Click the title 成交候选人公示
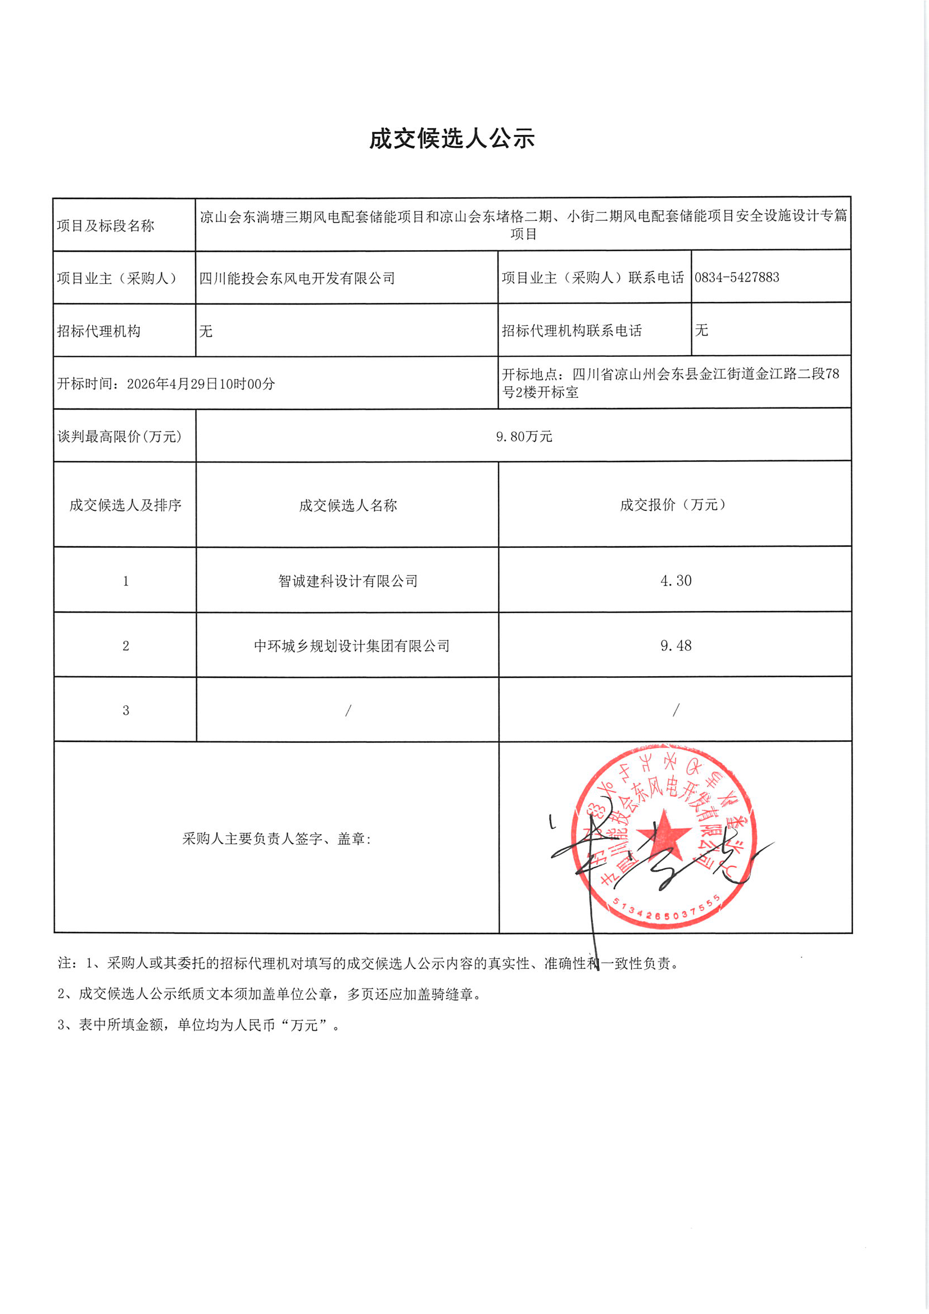452,139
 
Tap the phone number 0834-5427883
737,278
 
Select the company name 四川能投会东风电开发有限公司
297,279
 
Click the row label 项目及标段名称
106,226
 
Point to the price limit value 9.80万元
524,437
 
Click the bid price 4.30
676,581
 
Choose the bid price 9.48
676,646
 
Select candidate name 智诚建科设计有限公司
348,582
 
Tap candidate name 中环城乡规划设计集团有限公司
351,646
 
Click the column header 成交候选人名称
348,505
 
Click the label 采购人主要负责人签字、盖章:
277,839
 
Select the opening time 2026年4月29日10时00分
200,384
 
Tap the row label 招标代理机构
98,332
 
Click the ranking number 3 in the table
125,710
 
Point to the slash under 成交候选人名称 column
348,710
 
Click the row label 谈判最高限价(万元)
120,437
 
